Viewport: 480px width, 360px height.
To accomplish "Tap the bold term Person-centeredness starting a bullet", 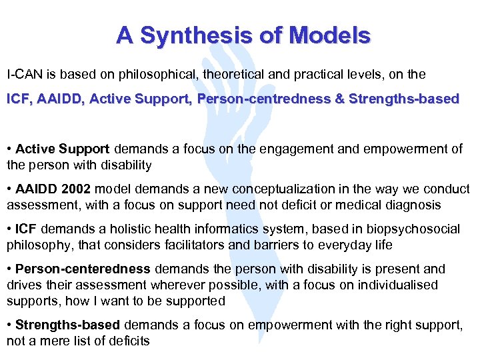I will pos(83,269).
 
